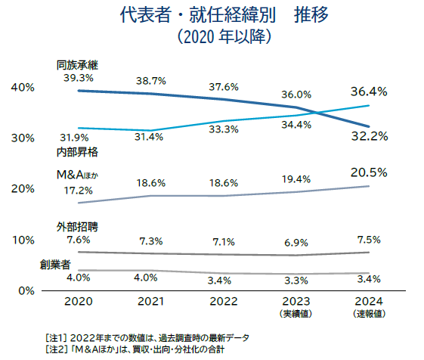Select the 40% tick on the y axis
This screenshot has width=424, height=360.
[23, 88]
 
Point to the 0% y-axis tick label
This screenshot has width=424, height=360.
[26, 290]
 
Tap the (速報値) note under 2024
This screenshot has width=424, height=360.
[370, 313]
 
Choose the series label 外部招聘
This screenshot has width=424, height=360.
[78, 226]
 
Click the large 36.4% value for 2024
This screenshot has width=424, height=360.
[369, 92]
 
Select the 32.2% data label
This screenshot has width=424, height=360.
[369, 137]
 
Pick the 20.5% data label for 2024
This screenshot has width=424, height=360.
[369, 172]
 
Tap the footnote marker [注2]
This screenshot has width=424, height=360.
[58, 350]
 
